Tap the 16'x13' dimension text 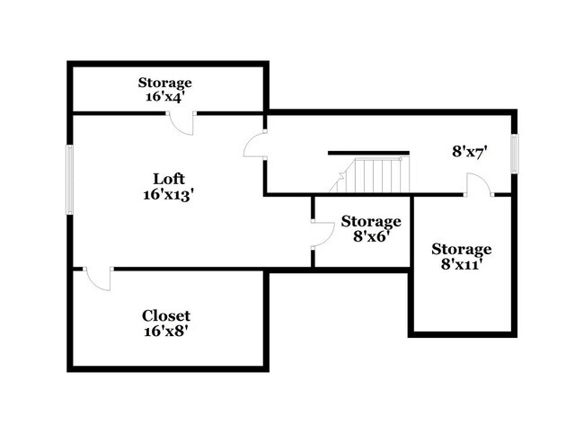[168, 193]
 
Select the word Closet [166, 315]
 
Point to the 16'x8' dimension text [166, 331]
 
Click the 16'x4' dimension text [164, 96]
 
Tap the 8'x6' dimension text [370, 235]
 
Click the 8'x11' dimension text [462, 264]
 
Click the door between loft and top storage [182, 123]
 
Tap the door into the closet [97, 279]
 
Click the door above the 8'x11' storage [477, 185]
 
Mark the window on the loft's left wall [69, 180]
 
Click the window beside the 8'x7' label [515, 154]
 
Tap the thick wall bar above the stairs [368, 153]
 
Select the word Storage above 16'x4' [164, 82]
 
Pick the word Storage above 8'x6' [370, 221]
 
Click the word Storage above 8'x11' [462, 249]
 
